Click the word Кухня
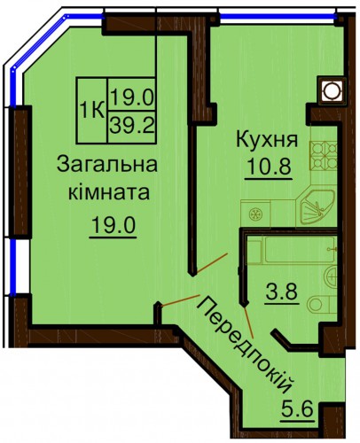[x=267, y=140]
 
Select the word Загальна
[x=107, y=164]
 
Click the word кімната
[x=109, y=192]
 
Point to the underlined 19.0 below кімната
[x=113, y=225]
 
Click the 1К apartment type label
[x=92, y=111]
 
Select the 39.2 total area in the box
[x=132, y=127]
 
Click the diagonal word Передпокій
[x=245, y=345]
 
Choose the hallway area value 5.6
[x=296, y=408]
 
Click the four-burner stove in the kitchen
[x=323, y=155]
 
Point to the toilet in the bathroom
[x=322, y=305]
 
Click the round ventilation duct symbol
[x=332, y=89]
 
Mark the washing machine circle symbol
[x=255, y=214]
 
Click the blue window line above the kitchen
[x=278, y=16]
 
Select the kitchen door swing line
[x=213, y=262]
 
